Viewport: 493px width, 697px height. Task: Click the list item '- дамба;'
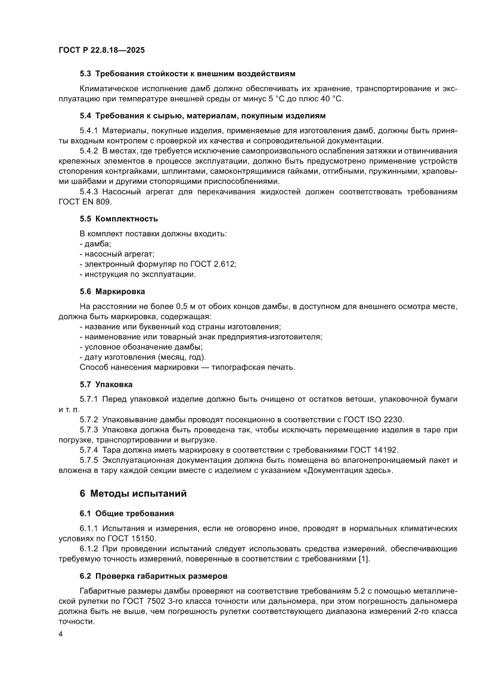[x=91, y=244]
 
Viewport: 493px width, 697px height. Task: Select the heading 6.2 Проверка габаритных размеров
[x=153, y=576]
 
